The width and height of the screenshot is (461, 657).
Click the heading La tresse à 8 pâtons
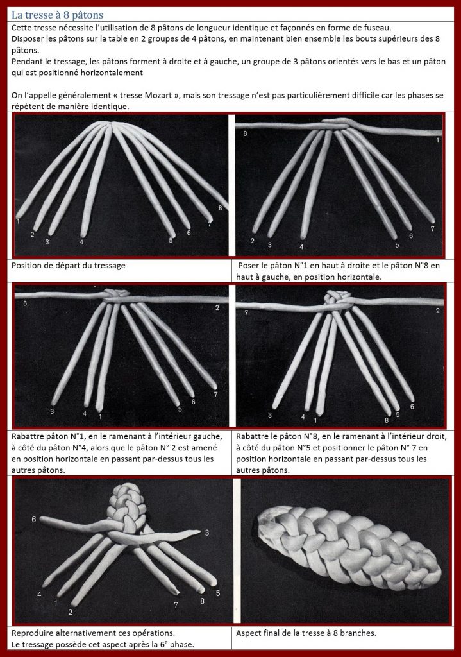click(x=57, y=15)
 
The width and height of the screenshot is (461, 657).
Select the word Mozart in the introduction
click(x=158, y=95)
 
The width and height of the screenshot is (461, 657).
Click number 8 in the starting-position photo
click(x=220, y=208)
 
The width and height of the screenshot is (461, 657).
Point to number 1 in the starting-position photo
click(x=18, y=221)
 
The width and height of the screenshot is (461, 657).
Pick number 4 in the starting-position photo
click(x=81, y=242)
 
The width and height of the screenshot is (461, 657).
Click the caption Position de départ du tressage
click(x=68, y=265)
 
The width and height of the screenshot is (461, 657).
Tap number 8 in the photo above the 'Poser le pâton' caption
click(x=245, y=133)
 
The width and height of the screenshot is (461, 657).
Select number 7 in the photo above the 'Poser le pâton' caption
click(x=433, y=229)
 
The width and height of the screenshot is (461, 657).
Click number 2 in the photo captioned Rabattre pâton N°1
click(x=217, y=308)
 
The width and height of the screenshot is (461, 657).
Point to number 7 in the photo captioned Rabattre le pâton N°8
click(x=246, y=312)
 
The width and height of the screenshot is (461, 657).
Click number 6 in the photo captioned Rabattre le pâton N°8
click(x=412, y=406)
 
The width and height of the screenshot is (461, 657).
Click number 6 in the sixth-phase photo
click(x=34, y=520)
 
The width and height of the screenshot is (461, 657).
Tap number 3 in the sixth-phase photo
click(x=207, y=533)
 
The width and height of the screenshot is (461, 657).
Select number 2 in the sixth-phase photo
click(x=71, y=612)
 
